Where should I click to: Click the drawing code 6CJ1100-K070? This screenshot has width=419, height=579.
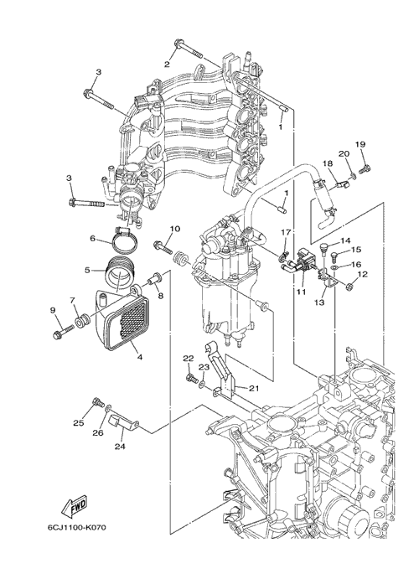tap(77, 527)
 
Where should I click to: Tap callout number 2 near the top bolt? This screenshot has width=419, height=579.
tap(167, 65)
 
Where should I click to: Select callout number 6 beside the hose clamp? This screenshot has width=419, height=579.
tap(92, 239)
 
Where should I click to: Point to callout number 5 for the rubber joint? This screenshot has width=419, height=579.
tap(87, 270)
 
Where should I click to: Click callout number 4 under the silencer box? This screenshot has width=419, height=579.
tap(140, 357)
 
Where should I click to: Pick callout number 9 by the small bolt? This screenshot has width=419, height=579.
tap(54, 311)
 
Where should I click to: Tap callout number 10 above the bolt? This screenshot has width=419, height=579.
tap(175, 229)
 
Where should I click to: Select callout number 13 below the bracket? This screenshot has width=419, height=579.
tap(319, 302)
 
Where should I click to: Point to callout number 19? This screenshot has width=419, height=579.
tap(360, 144)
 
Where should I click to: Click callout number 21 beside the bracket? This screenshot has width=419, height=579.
tap(254, 388)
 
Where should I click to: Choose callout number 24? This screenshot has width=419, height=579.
tap(120, 447)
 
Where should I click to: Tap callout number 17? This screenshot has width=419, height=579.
tap(286, 232)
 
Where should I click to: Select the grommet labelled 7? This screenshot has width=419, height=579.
tap(80, 321)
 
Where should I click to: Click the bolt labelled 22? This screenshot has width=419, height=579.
tap(190, 378)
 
